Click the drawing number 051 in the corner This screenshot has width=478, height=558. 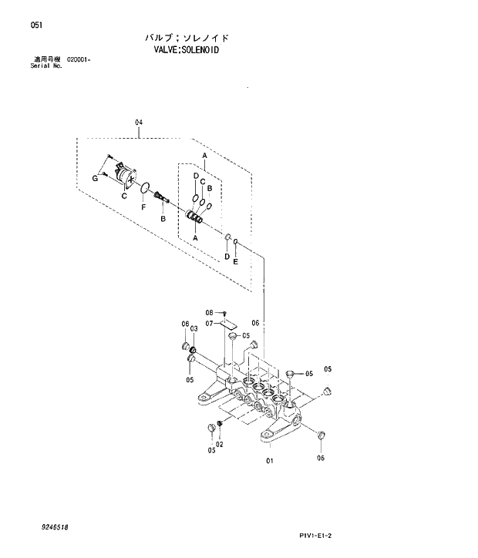tap(36, 25)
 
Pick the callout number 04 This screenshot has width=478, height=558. tap(139, 123)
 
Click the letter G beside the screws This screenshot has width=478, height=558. tap(96, 178)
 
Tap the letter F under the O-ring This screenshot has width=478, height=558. tap(143, 207)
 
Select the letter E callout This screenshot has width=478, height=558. tap(236, 261)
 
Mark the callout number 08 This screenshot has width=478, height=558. tap(209, 312)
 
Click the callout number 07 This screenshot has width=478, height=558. tap(209, 323)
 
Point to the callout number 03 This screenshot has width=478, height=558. tap(194, 328)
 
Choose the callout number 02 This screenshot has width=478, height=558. tap(219, 444)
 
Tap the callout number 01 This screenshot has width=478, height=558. tap(270, 462)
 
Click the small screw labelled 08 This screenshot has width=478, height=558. tap(224, 312)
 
